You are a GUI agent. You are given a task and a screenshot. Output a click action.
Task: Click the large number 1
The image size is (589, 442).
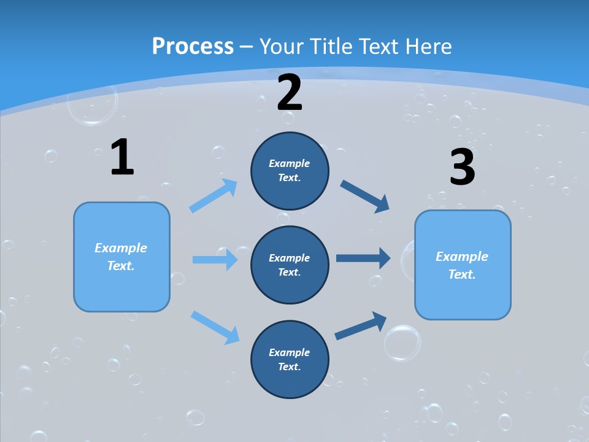point(122,157)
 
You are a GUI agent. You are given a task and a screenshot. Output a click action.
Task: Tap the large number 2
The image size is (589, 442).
point(290,92)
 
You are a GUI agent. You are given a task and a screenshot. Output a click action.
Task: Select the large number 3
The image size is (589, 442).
point(462,168)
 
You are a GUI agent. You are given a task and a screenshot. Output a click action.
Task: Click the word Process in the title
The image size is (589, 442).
point(193,46)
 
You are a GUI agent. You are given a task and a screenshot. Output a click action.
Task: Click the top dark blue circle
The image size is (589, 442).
point(290,171)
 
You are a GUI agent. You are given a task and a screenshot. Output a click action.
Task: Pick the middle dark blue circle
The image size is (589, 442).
point(290,265)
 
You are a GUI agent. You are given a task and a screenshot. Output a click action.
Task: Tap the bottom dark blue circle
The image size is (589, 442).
point(290,359)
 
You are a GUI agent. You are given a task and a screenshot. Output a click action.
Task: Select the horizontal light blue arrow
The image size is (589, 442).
point(215,260)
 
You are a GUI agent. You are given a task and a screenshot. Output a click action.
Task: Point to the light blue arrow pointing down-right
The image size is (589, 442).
point(215,327)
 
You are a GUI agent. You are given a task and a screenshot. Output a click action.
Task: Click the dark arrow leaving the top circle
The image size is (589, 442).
point(365,196)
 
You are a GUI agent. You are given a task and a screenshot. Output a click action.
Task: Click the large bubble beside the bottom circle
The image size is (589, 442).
point(402,343)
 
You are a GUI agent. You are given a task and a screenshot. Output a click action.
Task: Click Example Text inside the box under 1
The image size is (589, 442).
point(121,257)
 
